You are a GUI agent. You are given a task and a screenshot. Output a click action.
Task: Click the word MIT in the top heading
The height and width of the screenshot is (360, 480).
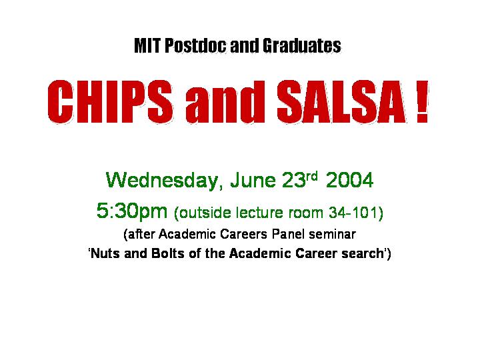147,45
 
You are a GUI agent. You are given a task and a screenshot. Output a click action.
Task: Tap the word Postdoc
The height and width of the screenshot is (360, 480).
195,45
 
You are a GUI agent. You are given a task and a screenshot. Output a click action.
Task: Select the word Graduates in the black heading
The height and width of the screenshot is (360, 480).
301,45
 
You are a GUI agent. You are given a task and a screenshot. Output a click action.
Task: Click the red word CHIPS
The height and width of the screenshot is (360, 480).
110,101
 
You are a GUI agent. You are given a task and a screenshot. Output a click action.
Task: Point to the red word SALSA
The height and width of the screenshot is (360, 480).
341,101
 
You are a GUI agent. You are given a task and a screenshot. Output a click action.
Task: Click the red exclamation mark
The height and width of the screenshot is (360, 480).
422,101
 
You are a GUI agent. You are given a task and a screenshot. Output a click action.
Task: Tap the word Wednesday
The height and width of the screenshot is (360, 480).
162,181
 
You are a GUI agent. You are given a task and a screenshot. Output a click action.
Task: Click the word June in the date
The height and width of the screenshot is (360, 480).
253,180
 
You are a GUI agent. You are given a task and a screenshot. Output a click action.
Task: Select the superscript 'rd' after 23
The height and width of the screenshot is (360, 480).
312,175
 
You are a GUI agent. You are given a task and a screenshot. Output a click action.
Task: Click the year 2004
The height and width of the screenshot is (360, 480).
349,180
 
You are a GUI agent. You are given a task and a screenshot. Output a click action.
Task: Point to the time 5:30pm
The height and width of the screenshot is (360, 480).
132,212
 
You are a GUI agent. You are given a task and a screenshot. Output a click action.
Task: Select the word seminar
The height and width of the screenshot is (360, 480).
332,235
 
